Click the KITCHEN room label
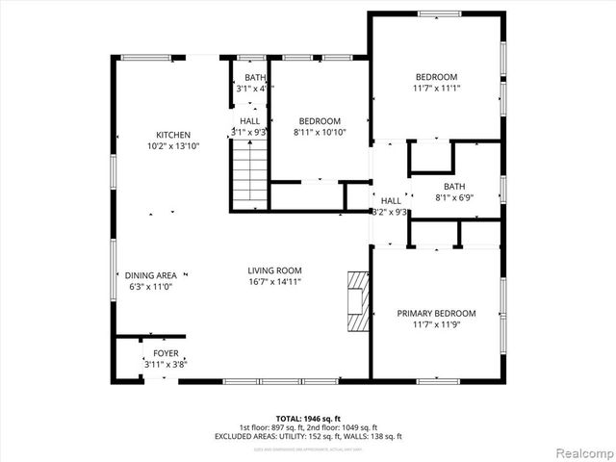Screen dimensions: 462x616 [x=173, y=135]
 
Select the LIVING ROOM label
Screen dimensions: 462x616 [x=275, y=270]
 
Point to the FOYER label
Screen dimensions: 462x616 [x=166, y=353]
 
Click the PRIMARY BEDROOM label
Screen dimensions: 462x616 [x=436, y=314]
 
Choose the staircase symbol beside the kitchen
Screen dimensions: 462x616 [x=249, y=173]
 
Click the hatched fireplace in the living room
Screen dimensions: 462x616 [x=358, y=299]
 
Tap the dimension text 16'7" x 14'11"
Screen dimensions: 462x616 [x=275, y=282]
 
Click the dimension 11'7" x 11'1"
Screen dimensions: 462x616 [x=436, y=89]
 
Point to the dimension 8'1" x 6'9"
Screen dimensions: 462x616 [x=454, y=198]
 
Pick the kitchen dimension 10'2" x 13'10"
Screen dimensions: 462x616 [x=173, y=146]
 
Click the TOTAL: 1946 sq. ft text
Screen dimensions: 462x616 [x=307, y=419]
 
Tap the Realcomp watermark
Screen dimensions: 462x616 [x=582, y=451]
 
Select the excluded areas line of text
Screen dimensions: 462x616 [x=307, y=437]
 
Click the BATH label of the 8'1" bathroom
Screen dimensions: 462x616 [x=454, y=187]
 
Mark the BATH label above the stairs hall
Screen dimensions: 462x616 [x=255, y=78]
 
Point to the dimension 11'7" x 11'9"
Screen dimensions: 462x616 [x=436, y=325]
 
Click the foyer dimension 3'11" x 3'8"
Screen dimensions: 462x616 [x=166, y=365]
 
